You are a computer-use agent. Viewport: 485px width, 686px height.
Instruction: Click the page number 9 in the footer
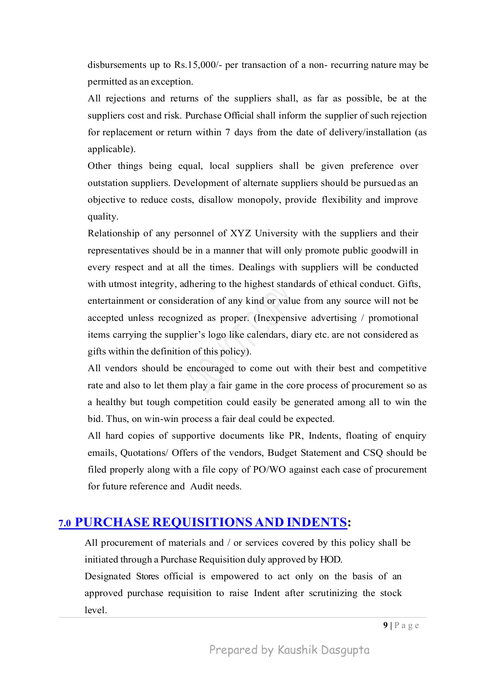pos(386,625)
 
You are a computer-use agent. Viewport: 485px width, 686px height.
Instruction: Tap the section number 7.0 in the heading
pos(65,524)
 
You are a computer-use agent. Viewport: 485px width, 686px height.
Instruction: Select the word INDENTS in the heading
pos(316,522)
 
